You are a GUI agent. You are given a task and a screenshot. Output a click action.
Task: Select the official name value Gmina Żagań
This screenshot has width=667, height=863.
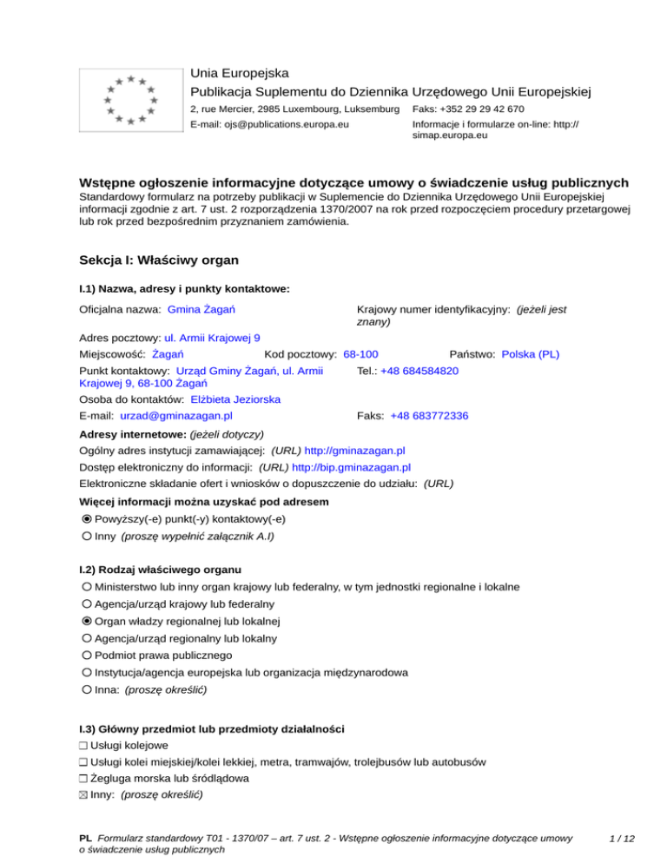[x=203, y=310]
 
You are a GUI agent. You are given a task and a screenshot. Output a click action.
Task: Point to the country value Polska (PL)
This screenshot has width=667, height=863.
[x=531, y=354]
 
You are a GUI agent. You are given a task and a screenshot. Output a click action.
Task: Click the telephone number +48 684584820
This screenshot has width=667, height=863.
[x=419, y=371]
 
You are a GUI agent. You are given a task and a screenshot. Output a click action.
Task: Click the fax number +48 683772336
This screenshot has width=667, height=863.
[x=429, y=416]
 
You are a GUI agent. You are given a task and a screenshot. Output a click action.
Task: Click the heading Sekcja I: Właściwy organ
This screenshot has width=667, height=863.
[x=157, y=260]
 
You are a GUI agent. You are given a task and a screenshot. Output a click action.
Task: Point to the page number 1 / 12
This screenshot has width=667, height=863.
[x=621, y=838]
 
